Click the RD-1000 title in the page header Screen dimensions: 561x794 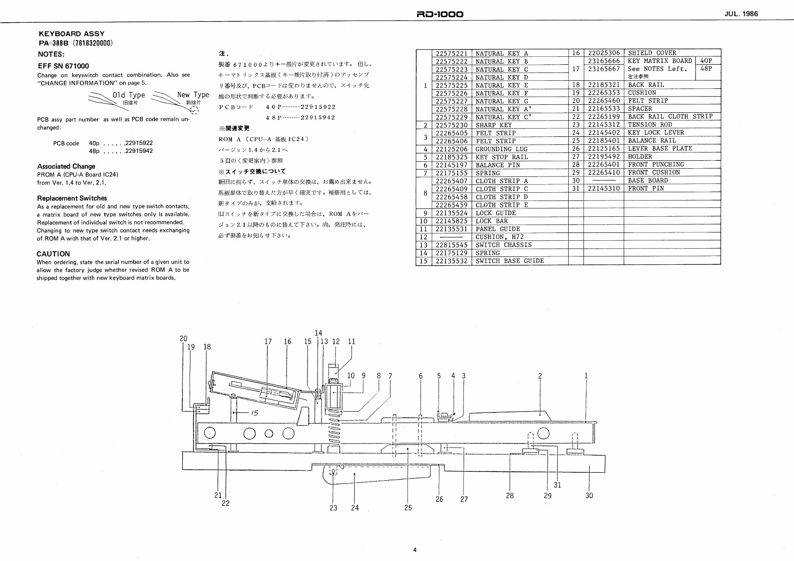(440, 14)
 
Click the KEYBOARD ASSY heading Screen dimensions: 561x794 (72, 34)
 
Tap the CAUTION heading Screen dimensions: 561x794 (53, 254)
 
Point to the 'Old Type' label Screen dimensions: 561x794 (129, 95)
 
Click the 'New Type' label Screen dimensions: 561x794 (193, 94)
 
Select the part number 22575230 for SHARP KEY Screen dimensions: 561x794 (452, 125)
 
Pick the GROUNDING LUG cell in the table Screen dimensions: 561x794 (501, 149)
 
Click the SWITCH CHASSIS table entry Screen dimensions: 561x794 (504, 245)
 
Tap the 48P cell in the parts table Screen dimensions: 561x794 (706, 69)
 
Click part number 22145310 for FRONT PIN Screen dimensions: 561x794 (604, 188)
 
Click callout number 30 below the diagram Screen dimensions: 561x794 (589, 495)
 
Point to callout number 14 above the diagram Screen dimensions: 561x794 (318, 333)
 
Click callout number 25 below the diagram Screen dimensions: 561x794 (408, 507)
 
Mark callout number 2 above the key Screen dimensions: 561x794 (540, 375)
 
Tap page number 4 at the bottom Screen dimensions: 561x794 (414, 550)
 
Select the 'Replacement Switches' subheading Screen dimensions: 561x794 (72, 198)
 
